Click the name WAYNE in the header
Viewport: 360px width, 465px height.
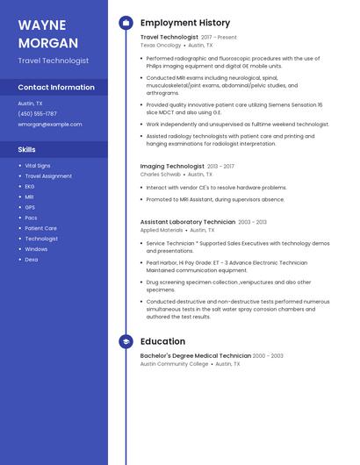42,25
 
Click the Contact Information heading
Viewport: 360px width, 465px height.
56,88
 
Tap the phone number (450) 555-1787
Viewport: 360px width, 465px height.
38,114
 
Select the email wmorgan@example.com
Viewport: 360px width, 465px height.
50,125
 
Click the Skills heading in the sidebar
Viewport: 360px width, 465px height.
27,150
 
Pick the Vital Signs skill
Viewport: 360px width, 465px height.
38,165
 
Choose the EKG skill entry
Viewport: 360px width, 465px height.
30,186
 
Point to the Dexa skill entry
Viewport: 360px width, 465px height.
31,260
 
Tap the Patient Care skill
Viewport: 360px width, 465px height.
40,228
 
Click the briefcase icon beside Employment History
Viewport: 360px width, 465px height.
126,23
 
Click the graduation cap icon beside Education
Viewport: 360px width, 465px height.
126,341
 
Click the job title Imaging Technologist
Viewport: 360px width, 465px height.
172,166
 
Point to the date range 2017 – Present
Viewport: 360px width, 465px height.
220,38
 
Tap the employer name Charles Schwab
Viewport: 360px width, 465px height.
160,175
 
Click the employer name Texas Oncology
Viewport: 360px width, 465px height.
161,46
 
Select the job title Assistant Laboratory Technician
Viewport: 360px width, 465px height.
188,222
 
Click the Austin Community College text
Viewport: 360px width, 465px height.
174,363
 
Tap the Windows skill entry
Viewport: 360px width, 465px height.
36,249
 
